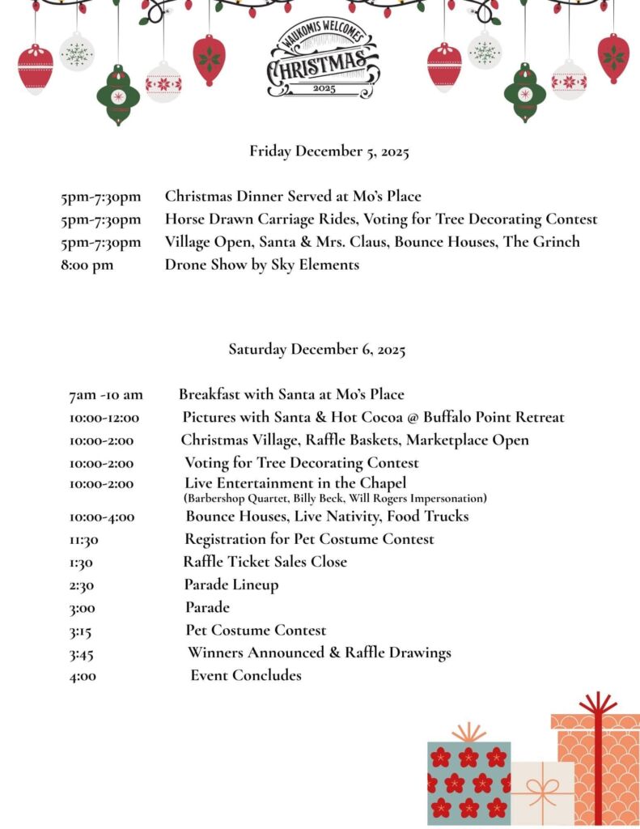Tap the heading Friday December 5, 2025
pyautogui.click(x=329, y=151)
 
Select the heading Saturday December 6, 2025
pyautogui.click(x=316, y=350)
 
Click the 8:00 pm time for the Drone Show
pyautogui.click(x=87, y=265)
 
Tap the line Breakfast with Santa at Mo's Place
pyautogui.click(x=291, y=395)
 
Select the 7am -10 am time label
pyautogui.click(x=105, y=395)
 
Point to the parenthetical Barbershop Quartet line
pyautogui.click(x=335, y=499)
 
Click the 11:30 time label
pyautogui.click(x=84, y=540)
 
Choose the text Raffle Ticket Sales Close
pyautogui.click(x=265, y=562)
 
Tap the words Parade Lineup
pyautogui.click(x=231, y=585)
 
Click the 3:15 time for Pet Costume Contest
pyautogui.click(x=80, y=631)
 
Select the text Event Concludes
pyautogui.click(x=246, y=675)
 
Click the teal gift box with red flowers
pyautogui.click(x=468, y=781)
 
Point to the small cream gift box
pyautogui.click(x=541, y=793)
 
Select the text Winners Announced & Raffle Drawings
pyautogui.click(x=320, y=653)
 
